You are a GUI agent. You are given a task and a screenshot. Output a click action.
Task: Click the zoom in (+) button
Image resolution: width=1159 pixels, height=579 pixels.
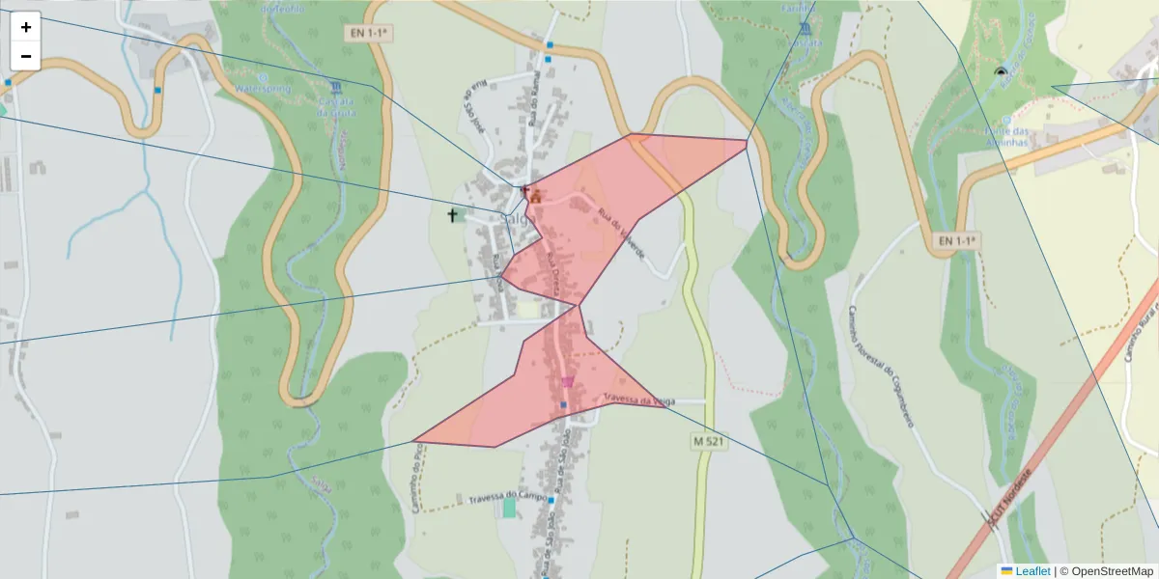pos(26,27)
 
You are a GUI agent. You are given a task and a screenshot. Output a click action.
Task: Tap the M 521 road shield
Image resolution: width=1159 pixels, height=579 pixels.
pos(707,441)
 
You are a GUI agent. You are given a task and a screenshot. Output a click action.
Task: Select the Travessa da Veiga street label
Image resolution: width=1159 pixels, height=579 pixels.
pos(638,400)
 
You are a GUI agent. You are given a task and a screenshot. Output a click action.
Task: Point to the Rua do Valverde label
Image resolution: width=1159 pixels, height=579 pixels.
pos(621,232)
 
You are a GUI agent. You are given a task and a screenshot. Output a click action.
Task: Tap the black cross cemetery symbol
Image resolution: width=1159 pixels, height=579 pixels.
pos(452,215)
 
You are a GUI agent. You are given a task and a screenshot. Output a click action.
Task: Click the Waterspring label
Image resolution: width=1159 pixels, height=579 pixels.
pos(263,88)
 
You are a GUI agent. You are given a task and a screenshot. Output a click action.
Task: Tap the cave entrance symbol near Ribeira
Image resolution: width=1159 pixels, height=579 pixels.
pos(1000,72)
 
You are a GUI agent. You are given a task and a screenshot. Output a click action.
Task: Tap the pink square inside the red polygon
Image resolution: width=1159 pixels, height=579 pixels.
pos(567,382)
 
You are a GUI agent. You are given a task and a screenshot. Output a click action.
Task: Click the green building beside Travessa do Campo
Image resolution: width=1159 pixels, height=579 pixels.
pos(509,508)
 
